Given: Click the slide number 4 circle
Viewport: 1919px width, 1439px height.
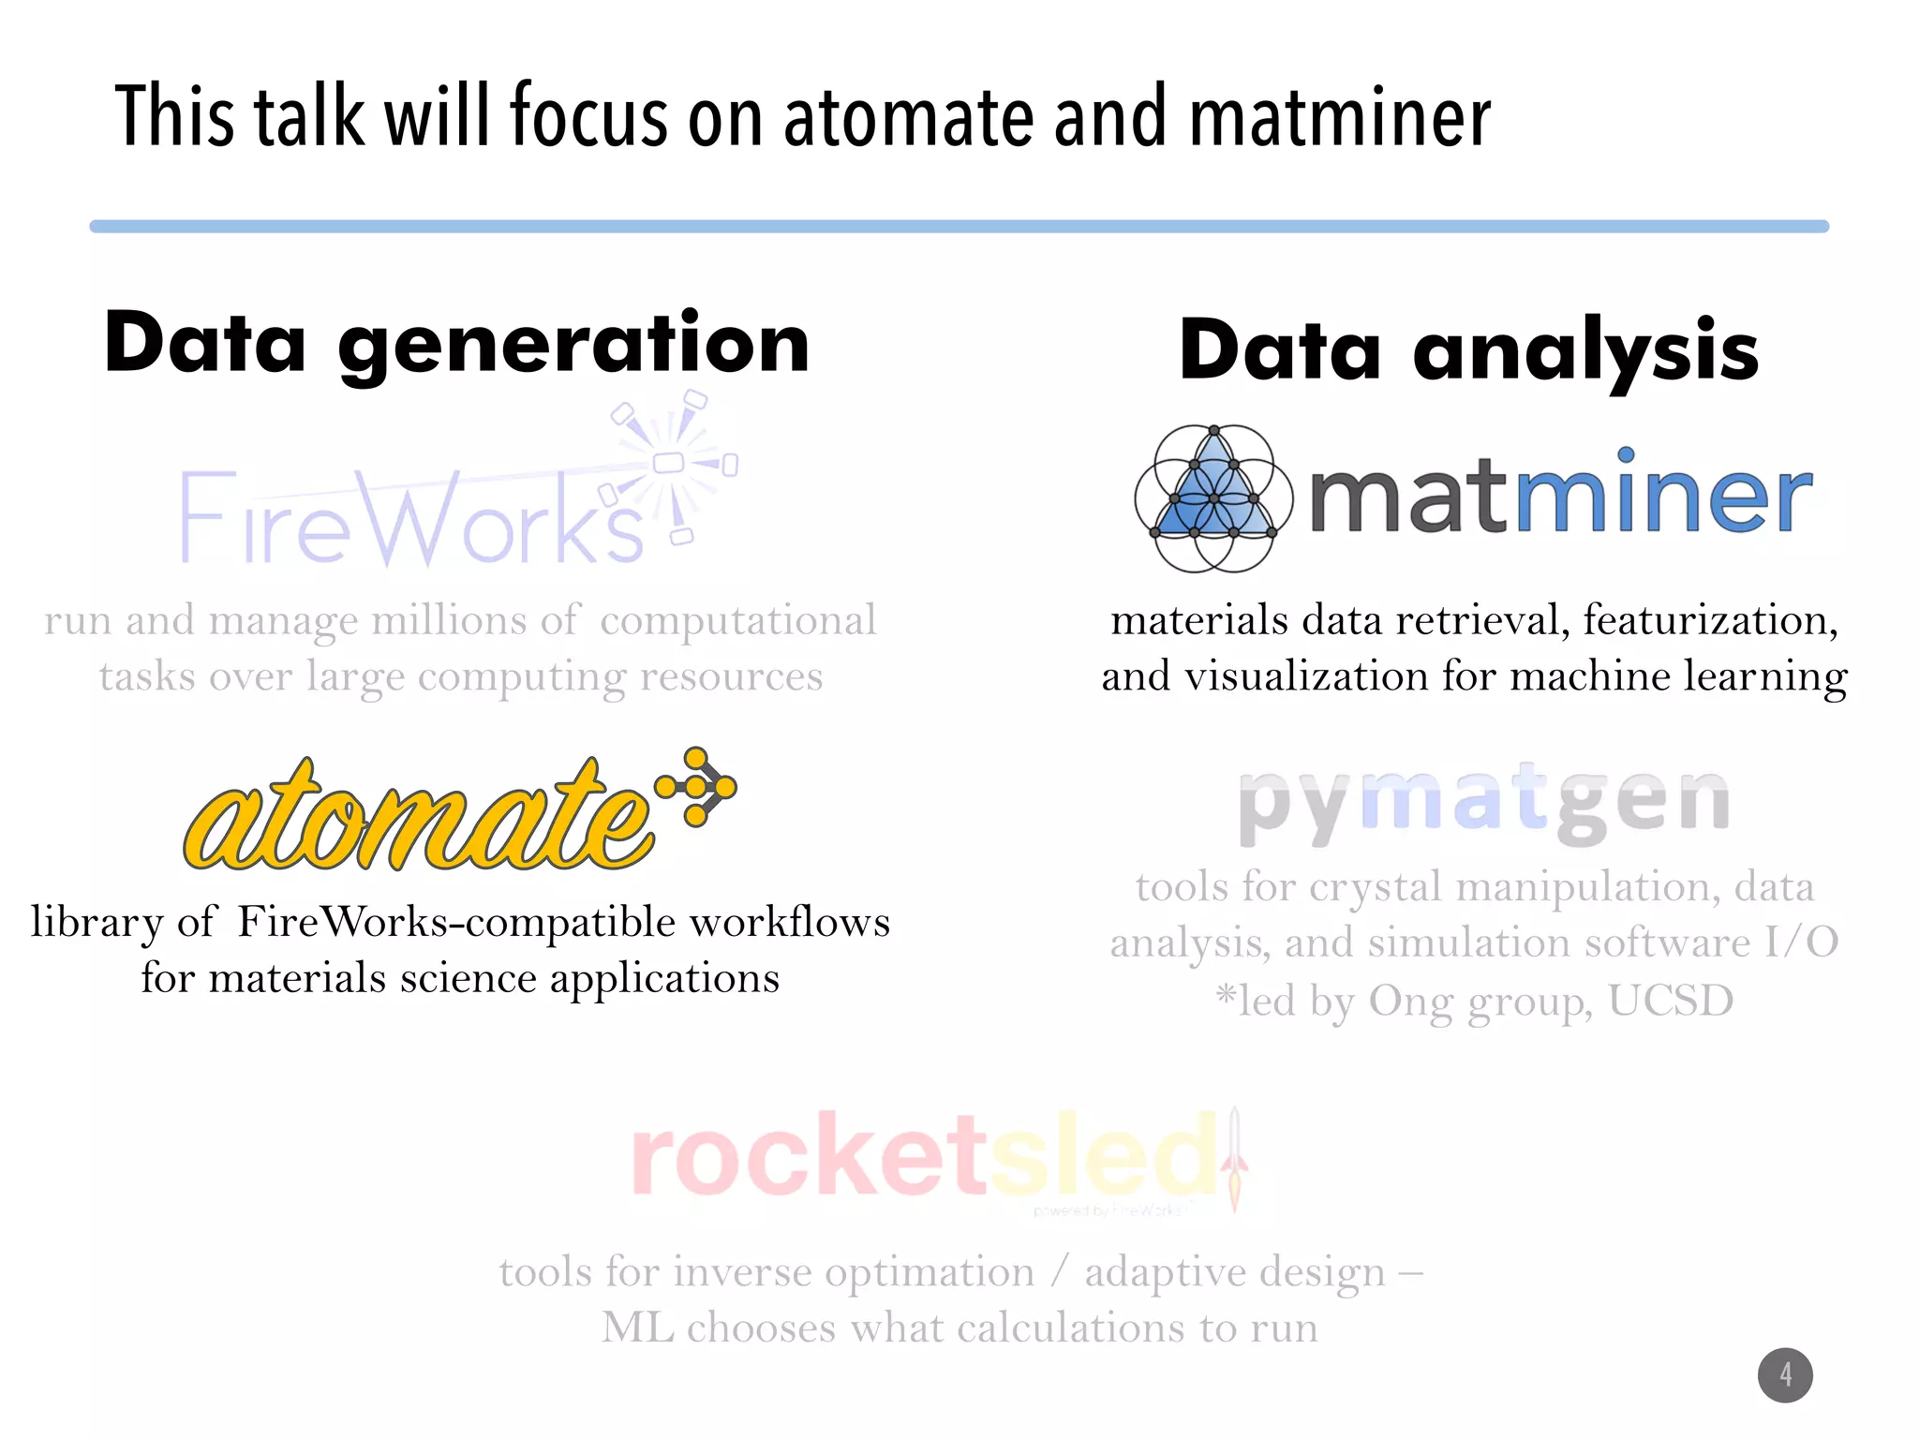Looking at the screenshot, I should pos(1785,1375).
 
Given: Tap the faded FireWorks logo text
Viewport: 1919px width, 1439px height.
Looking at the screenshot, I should pos(412,520).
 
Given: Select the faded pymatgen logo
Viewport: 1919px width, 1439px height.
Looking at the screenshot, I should pos(1483,803).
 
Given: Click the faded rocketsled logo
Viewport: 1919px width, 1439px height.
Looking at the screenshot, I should pos(923,1157).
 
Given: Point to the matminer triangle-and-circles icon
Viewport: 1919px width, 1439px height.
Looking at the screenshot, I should pos(1213,497).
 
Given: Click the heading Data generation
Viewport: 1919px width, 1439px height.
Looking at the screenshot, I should pos(457,344).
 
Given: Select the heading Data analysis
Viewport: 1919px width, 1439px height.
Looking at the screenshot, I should pos(1468,350).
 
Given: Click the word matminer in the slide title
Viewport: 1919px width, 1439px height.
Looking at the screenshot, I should pos(1340,117).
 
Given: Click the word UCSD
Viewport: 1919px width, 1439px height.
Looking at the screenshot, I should pos(1671,1001).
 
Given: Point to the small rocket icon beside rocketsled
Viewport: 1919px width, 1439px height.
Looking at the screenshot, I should pos(1235,1160).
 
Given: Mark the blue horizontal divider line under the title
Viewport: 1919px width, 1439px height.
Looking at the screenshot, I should pos(959,227).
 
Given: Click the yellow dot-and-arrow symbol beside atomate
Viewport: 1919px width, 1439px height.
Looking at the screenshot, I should pos(698,787).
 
